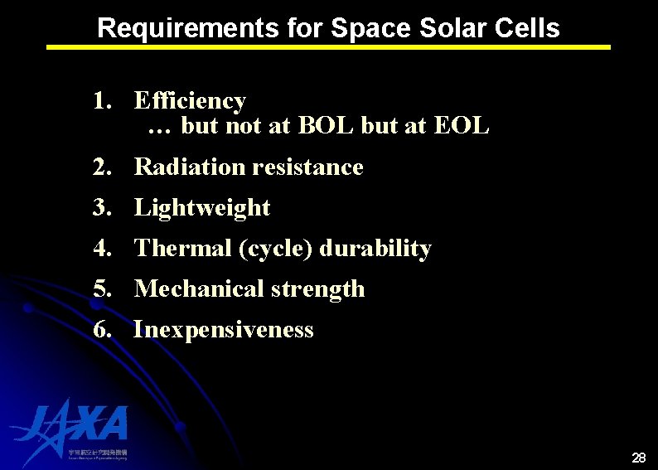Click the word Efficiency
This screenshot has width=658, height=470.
[x=190, y=101]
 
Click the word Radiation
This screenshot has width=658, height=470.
[x=189, y=167]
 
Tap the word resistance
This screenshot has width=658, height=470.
[x=307, y=167]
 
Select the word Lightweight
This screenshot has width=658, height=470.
[x=201, y=207]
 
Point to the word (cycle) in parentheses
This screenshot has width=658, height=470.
[x=275, y=249]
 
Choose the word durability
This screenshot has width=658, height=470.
[x=375, y=248]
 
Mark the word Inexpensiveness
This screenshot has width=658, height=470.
[x=224, y=329]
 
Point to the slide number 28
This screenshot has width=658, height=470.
[x=639, y=458]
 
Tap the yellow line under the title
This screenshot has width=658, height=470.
[x=328, y=47]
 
